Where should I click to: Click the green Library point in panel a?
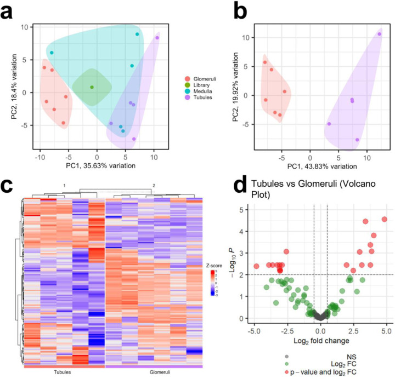pos(92,87)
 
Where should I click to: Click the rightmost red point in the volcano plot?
pos(384,219)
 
